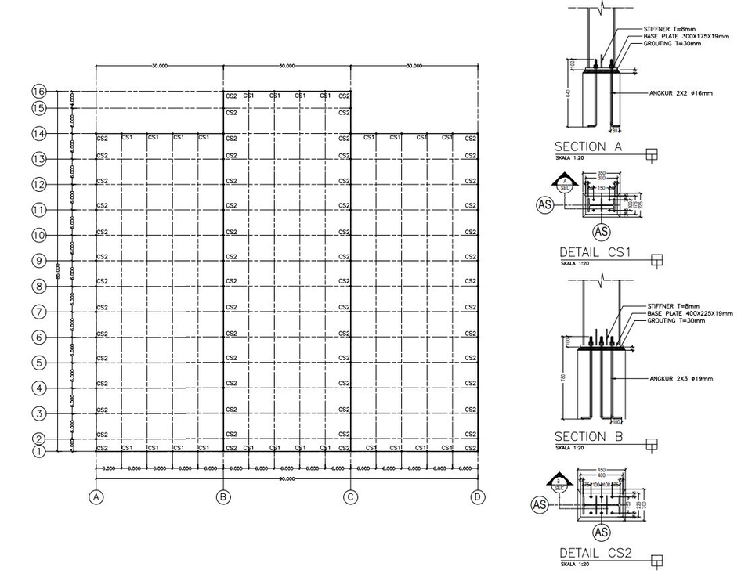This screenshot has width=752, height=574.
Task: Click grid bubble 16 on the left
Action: tap(38, 91)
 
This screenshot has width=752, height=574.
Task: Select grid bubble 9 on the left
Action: tap(38, 260)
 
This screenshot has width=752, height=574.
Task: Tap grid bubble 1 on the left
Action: tap(38, 450)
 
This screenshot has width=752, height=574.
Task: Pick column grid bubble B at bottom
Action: tap(224, 496)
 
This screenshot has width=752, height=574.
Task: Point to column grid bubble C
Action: tap(351, 496)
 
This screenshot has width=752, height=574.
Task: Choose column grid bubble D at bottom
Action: tap(478, 496)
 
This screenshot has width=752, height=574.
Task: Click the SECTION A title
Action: tap(591, 146)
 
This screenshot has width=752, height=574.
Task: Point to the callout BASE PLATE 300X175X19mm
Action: tap(687, 36)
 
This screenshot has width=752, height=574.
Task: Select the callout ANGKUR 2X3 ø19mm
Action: tap(681, 379)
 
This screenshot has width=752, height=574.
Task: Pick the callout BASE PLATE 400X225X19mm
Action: tap(689, 313)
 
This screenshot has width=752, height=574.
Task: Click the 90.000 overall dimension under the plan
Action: tap(287, 477)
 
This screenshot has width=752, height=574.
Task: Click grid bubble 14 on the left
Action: tap(38, 134)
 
